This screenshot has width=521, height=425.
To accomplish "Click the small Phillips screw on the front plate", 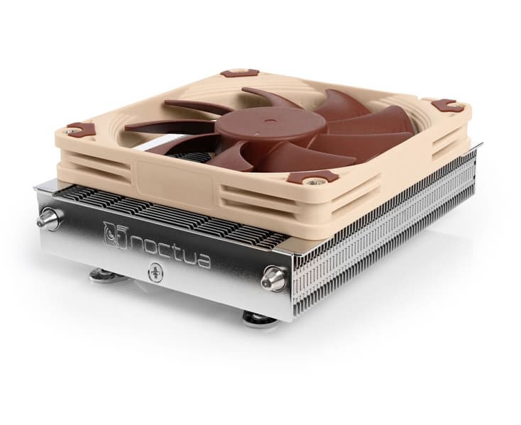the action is [x=155, y=272].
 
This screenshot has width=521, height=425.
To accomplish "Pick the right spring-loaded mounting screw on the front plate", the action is [x=273, y=279].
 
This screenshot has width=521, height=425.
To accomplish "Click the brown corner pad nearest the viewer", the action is [x=312, y=178].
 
